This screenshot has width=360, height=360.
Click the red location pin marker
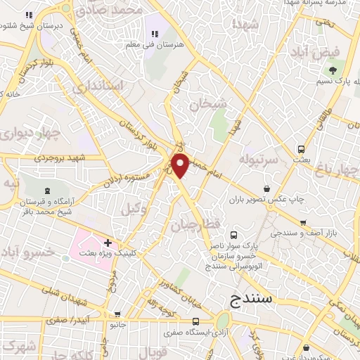181,165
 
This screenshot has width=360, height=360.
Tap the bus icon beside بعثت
301,149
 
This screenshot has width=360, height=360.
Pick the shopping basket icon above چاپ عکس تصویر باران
267,188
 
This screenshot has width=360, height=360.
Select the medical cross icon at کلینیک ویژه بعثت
108,243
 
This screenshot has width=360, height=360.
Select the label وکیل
130,210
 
